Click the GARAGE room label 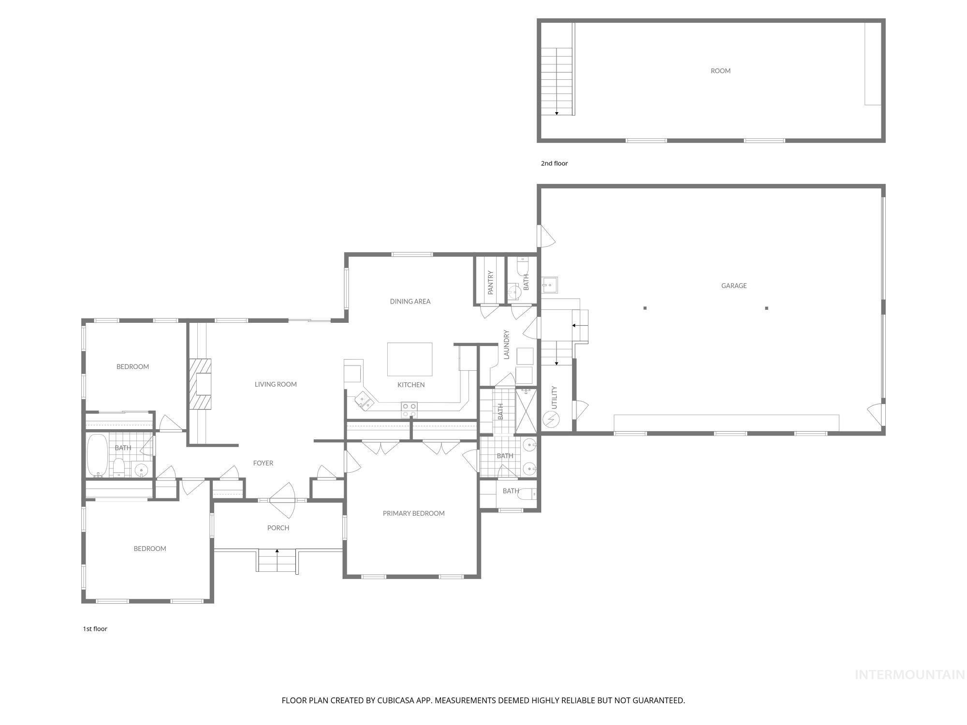pos(733,286)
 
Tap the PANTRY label pos(491,283)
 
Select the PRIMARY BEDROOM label pos(413,513)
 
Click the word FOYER pos(263,463)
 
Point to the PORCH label pos(278,528)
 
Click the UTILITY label pos(555,397)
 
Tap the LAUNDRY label pos(507,345)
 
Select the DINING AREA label pos(410,302)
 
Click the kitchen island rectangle pos(410,359)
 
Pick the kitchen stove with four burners pos(409,410)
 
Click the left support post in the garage pos(645,308)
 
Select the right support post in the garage pos(766,308)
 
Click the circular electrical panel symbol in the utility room pos(551,418)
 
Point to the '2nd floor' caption pos(554,163)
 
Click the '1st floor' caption pos(95,629)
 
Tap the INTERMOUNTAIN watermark pos(909,675)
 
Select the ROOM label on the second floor pos(720,71)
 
